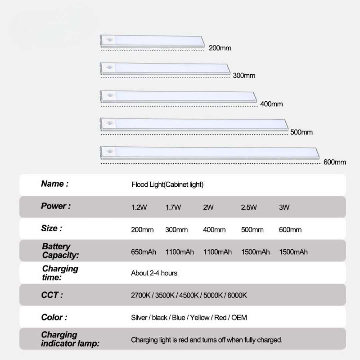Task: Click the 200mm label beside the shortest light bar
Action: pyautogui.click(x=220, y=48)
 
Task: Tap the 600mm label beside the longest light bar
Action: pyautogui.click(x=335, y=162)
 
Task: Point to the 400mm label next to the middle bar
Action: pyautogui.click(x=271, y=104)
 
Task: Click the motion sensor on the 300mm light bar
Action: pyautogui.click(x=109, y=68)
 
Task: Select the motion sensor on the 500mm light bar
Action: pyautogui.click(x=109, y=123)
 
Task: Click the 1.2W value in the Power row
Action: pyautogui.click(x=139, y=207)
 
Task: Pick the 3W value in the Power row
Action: pyautogui.click(x=284, y=207)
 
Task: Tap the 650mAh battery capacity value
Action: pyautogui.click(x=143, y=252)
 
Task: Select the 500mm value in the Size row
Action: pyautogui.click(x=252, y=230)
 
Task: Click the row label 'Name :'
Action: pyautogui.click(x=55, y=184)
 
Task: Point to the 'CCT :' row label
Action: pyautogui.click(x=52, y=295)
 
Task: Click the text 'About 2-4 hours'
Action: pyautogui.click(x=154, y=273)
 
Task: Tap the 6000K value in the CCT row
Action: pyautogui.click(x=237, y=295)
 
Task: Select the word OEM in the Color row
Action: pyautogui.click(x=239, y=318)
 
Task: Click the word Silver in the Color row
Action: pyautogui.click(x=139, y=318)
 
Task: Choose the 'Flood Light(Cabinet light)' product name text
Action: pyautogui.click(x=167, y=185)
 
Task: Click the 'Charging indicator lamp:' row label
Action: pyautogui.click(x=70, y=339)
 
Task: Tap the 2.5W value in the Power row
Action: pyautogui.click(x=249, y=207)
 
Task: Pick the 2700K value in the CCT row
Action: pyautogui.click(x=141, y=295)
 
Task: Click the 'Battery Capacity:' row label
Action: pyautogui.click(x=60, y=251)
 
